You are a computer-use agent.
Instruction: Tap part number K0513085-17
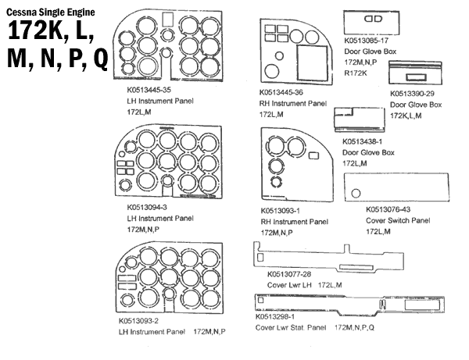(x=371, y=39)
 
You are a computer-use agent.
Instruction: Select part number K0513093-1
(x=285, y=211)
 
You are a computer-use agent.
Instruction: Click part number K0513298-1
(x=282, y=316)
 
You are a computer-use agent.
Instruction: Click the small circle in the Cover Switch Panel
(x=356, y=192)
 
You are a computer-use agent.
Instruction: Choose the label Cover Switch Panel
(x=398, y=220)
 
